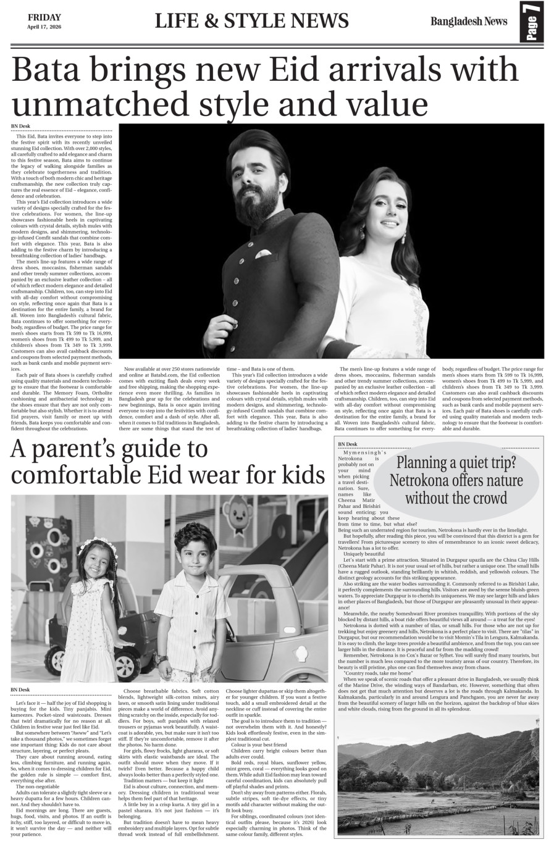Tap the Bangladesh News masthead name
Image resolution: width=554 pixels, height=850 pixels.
[469, 22]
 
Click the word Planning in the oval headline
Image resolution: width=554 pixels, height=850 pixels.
[429, 462]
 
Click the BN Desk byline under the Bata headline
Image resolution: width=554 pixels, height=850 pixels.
[20, 127]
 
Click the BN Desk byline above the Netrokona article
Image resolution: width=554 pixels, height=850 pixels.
[347, 444]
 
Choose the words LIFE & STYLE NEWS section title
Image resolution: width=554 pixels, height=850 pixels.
[251, 22]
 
